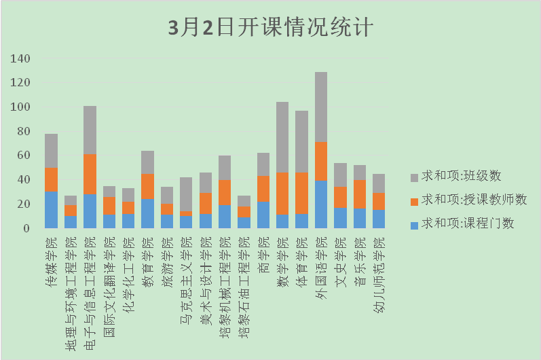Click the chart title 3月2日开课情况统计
(x=270, y=28)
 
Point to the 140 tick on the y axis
(x=21, y=59)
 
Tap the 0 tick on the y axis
(x=27, y=228)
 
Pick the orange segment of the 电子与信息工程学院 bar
(x=90, y=174)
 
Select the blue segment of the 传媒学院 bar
(x=51, y=209)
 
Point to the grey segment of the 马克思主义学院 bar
(x=186, y=194)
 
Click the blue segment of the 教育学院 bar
(x=147, y=213)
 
